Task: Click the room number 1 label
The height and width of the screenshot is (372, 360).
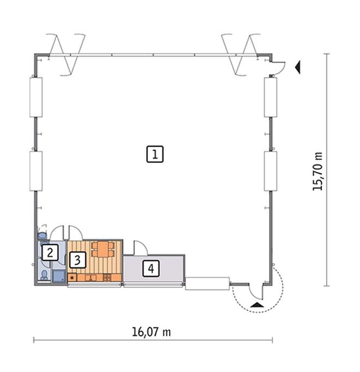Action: tap(155, 154)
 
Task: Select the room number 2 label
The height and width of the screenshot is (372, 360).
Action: tap(50, 253)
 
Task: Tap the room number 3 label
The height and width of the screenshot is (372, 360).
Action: tap(77, 260)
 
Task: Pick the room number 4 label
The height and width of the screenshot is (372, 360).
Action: tap(151, 268)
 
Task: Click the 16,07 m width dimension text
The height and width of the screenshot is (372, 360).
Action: tap(152, 332)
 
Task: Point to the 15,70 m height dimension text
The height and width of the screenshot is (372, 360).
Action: tap(317, 171)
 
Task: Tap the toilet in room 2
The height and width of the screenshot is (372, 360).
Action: tap(44, 273)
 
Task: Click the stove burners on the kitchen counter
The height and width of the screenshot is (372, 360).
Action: tap(107, 278)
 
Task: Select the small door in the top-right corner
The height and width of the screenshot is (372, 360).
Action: tap(277, 67)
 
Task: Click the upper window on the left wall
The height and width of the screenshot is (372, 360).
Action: tap(35, 97)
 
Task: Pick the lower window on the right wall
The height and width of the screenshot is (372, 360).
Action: tap(271, 171)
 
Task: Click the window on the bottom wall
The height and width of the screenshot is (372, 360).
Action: tap(207, 284)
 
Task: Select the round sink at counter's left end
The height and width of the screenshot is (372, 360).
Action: tap(71, 278)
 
